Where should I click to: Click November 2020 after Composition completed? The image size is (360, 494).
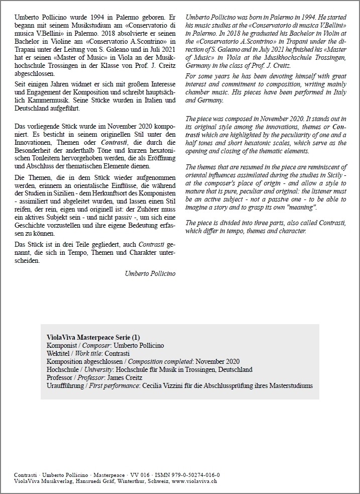pos(217,361)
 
